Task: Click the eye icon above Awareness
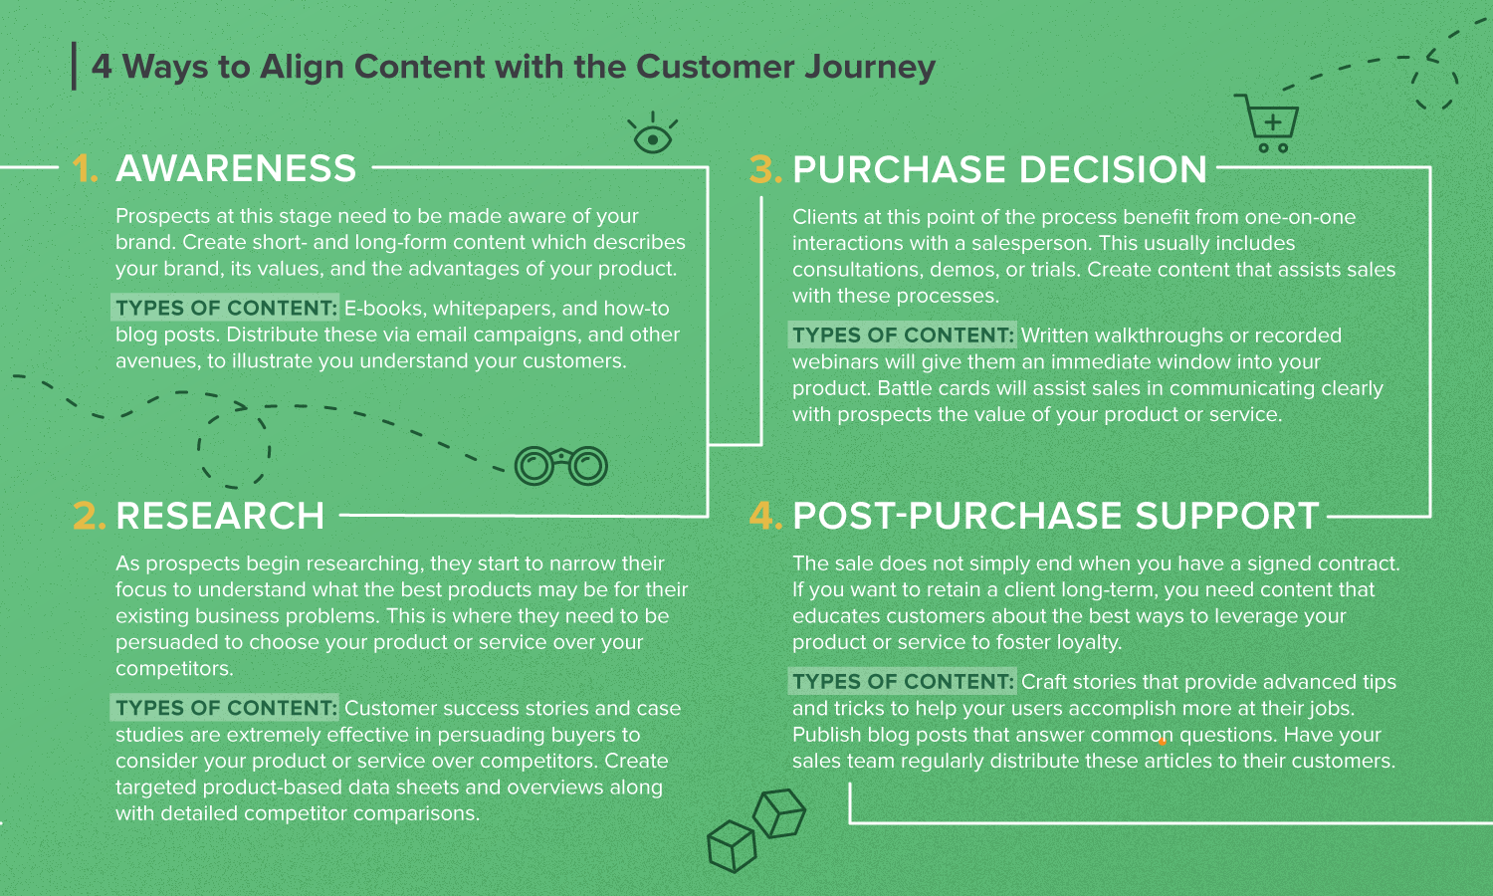click(653, 133)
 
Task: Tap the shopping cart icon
click(1267, 123)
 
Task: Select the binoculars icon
click(560, 465)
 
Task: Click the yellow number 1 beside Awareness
click(85, 168)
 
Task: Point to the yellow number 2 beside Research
click(89, 516)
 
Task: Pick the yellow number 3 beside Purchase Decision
click(765, 169)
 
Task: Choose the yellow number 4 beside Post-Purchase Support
click(765, 516)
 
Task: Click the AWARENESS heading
click(236, 168)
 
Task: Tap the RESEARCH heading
click(220, 516)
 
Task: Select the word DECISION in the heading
click(1113, 169)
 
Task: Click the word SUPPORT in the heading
click(1227, 516)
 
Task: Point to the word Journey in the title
click(870, 68)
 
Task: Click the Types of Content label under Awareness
click(225, 308)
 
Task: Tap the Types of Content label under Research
click(225, 707)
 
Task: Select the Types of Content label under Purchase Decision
click(903, 335)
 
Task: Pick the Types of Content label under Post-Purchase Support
click(903, 681)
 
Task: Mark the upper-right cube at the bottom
click(779, 812)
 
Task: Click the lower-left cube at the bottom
click(732, 846)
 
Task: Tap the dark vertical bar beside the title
click(74, 66)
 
